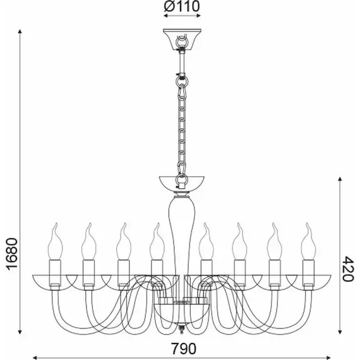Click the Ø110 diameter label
coord(182,6)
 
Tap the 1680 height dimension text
coord(11,254)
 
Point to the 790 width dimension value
coord(184,349)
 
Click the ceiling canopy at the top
coord(182,39)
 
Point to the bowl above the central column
coord(182,183)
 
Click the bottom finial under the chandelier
coord(182,330)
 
